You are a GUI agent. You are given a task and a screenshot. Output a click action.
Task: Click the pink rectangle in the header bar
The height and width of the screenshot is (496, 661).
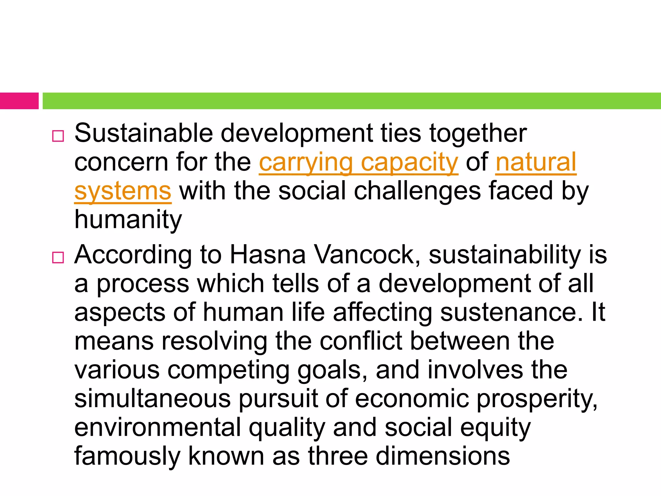(x=19, y=101)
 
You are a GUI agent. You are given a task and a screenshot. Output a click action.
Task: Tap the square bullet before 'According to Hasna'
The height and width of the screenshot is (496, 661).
(x=58, y=257)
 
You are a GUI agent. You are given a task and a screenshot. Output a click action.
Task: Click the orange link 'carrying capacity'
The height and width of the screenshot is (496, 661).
(x=358, y=162)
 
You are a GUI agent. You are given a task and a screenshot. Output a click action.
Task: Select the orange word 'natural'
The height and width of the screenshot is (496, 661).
(x=536, y=162)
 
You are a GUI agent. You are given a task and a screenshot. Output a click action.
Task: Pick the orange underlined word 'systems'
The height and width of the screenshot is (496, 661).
(x=123, y=191)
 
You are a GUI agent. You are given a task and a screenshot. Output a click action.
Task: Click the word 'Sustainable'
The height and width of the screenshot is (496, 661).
(x=144, y=133)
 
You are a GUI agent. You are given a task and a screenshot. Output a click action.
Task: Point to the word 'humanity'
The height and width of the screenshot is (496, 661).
(x=128, y=220)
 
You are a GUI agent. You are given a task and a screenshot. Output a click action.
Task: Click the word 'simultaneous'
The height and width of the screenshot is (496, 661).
(x=152, y=399)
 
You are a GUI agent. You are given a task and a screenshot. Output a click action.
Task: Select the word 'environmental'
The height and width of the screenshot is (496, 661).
(x=158, y=428)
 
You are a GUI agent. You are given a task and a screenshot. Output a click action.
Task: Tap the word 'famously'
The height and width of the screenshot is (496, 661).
(x=127, y=456)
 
